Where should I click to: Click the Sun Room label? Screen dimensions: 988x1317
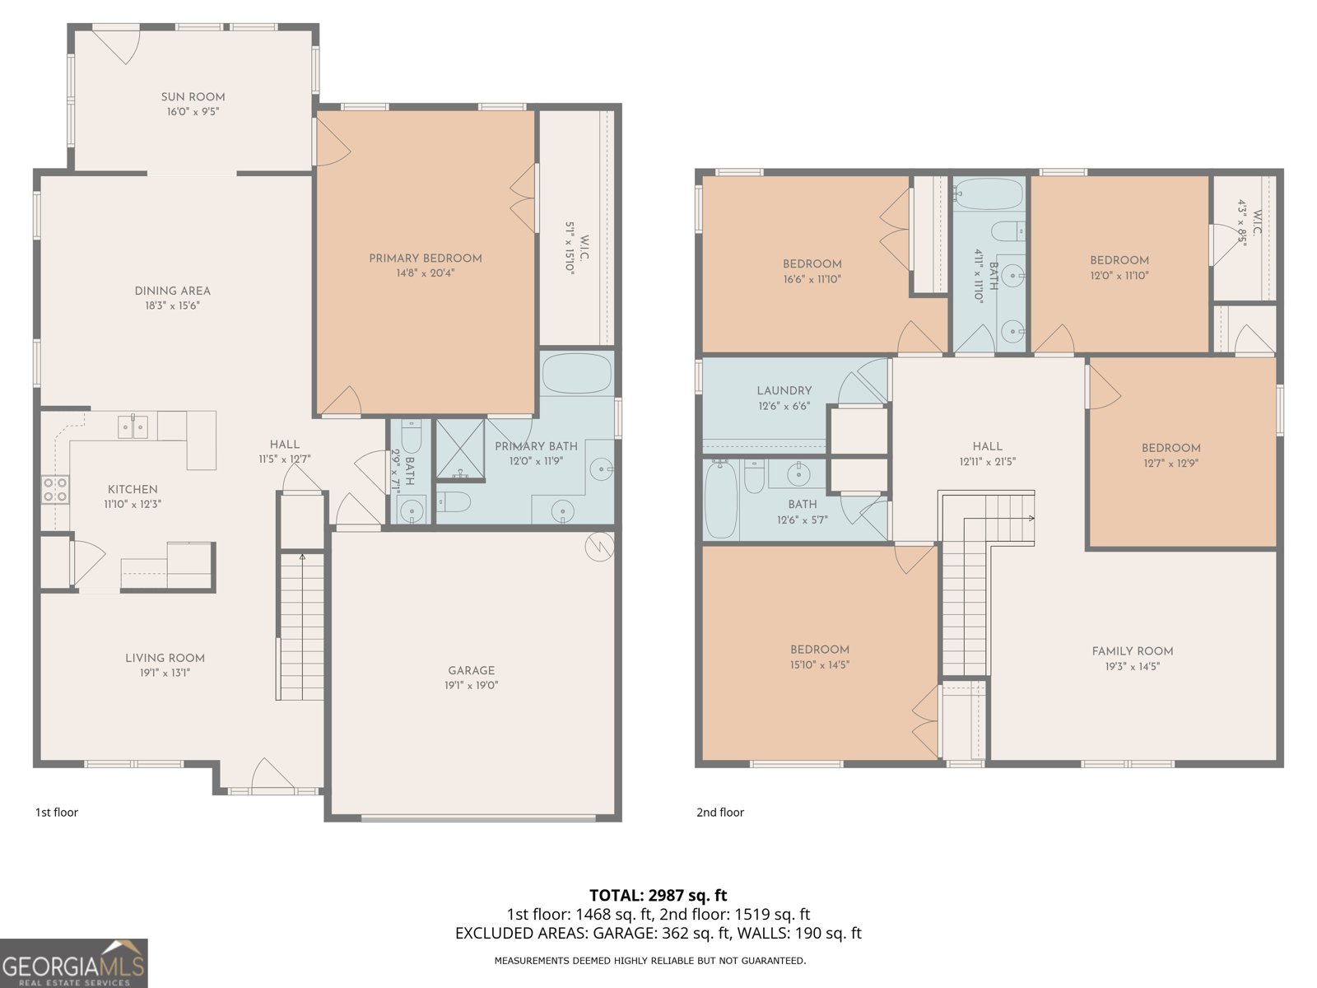pos(193,97)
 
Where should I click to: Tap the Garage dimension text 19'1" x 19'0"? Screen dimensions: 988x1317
pos(472,685)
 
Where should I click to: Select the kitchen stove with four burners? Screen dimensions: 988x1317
pos(55,490)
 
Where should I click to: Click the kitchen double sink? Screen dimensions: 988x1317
pos(133,426)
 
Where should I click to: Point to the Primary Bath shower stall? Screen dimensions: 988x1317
pos(460,450)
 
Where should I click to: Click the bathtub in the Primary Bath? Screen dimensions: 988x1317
pos(577,374)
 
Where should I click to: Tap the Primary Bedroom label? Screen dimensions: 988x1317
pos(425,259)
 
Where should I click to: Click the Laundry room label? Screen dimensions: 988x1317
pos(784,391)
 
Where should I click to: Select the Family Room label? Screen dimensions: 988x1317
pos(1132,651)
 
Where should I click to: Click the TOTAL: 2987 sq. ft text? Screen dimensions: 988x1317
pos(658,895)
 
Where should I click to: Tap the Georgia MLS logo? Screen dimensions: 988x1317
pos(73,963)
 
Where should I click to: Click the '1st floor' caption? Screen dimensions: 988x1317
pos(57,813)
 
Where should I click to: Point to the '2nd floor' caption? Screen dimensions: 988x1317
pos(719,813)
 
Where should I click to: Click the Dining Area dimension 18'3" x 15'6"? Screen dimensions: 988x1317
pos(172,305)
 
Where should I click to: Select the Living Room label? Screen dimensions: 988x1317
pos(165,658)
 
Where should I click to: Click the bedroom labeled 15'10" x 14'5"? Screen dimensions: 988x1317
pos(819,656)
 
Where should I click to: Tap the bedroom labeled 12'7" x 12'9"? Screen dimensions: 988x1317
pos(1170,455)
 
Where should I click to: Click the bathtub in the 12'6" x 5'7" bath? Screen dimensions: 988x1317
pos(720,500)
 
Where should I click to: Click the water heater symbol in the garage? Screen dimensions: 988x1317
pos(599,547)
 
